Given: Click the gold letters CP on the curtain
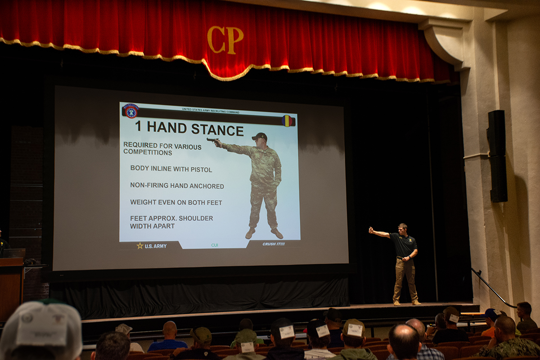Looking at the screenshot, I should click(225, 40).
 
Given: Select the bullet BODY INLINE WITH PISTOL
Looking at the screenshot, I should click(171, 169).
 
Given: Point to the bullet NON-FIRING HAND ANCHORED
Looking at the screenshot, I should click(177, 185).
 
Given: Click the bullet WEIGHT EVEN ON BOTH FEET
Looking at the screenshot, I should click(176, 202).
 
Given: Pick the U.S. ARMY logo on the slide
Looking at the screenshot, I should click(152, 246).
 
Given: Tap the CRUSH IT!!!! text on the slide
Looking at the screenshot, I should click(274, 244).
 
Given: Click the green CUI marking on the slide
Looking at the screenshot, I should click(215, 245).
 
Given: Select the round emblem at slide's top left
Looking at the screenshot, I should click(130, 111).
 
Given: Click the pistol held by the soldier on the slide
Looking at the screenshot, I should click(211, 139).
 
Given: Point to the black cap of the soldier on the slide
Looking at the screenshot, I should click(260, 135).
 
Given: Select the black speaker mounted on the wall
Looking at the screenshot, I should click(497, 155).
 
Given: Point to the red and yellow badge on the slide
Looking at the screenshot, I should click(287, 121).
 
